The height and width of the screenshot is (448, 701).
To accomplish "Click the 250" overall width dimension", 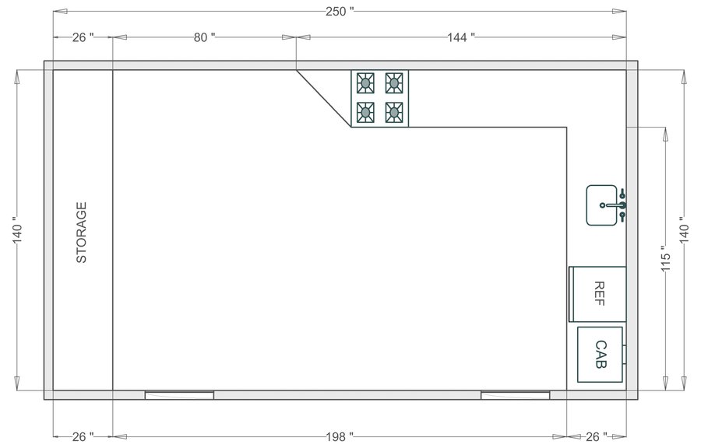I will point(340,11).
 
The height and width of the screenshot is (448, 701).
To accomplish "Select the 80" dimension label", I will point(203,37).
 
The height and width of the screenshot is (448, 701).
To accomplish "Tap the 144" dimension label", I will point(462,37).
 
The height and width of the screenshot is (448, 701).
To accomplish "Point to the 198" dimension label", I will point(340,437).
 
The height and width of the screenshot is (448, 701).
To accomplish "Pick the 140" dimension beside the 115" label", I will point(683,230).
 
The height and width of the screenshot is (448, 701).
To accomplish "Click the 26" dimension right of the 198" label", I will point(595,437).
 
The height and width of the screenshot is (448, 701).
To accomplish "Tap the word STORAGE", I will point(81,233).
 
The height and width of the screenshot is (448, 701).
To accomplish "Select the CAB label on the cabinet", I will point(601,354).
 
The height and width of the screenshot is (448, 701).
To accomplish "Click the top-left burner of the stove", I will point(364,82).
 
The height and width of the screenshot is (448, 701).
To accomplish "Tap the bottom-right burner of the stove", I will point(394,113).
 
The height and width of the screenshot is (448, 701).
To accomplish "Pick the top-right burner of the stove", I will point(394,82).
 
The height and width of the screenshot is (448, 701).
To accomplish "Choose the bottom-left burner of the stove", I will point(364,113).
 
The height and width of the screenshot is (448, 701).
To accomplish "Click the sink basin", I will point(601,205).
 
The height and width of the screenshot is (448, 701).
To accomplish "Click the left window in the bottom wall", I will point(179,395).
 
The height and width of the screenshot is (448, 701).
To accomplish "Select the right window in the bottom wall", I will point(515,395).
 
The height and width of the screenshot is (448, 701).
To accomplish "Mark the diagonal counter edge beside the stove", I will point(323,98).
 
